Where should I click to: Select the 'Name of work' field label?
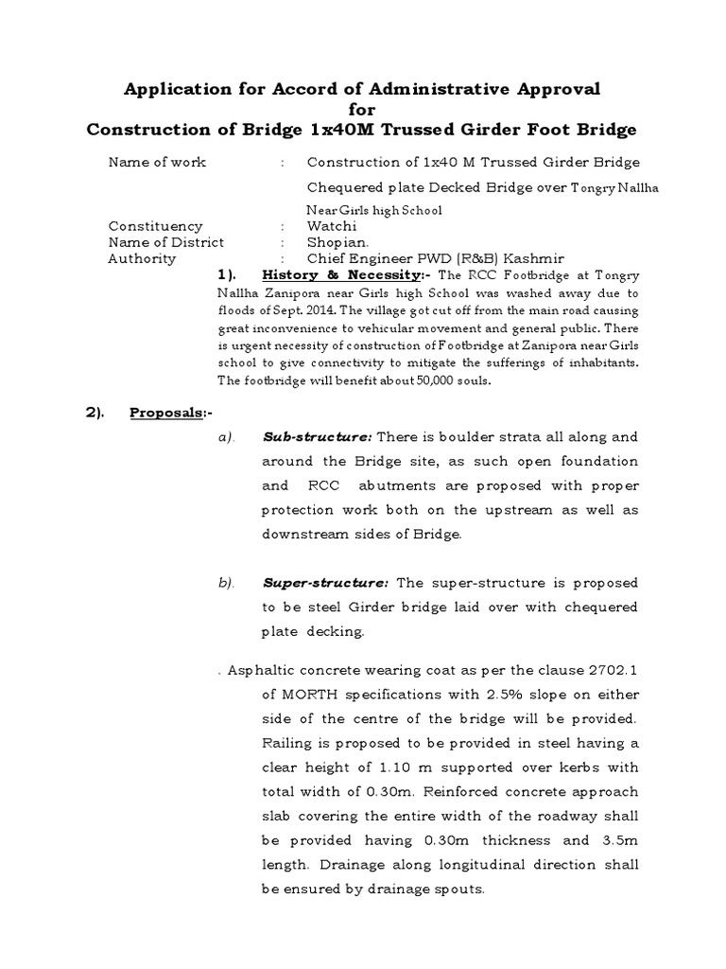coord(157,162)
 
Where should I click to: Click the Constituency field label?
coord(156,226)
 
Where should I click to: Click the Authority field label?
coord(142,258)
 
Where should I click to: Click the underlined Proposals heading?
coord(168,413)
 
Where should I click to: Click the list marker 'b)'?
coord(225,583)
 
